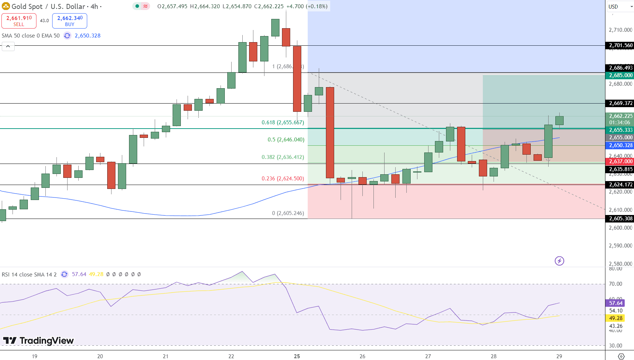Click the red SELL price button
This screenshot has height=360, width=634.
(19, 21)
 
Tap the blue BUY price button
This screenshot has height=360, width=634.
(70, 21)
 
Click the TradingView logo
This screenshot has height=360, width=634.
(39, 341)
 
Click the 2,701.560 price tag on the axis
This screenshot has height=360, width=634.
(620, 45)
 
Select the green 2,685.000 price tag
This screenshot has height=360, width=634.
(620, 75)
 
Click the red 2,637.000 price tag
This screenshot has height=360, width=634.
(620, 161)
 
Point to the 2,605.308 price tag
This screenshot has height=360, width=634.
(620, 219)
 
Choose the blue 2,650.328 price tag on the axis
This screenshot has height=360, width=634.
(620, 145)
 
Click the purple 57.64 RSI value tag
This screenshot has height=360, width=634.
(615, 303)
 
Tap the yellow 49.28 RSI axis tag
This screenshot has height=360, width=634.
(615, 318)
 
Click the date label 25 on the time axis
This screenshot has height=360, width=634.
(297, 356)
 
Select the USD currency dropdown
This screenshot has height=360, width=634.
(620, 6)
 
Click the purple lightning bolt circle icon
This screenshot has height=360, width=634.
(559, 261)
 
